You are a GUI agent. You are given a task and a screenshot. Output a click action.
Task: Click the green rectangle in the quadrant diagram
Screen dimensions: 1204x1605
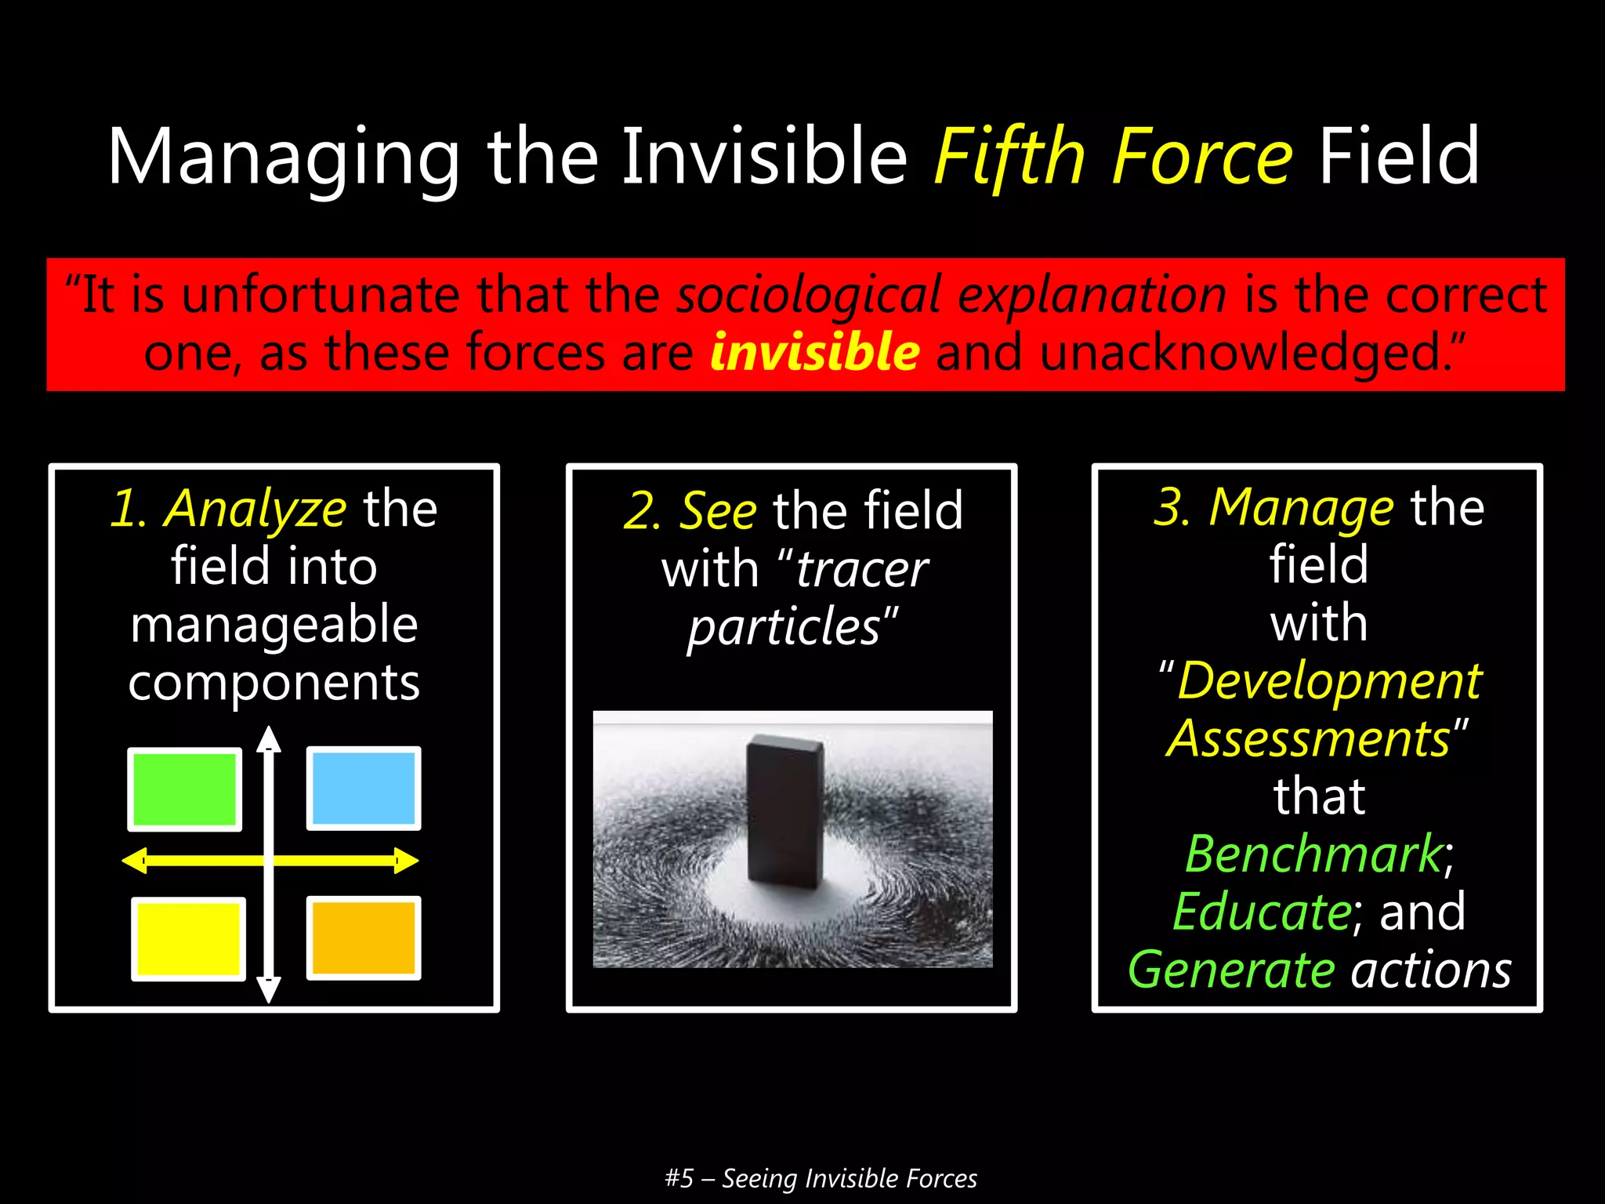184,789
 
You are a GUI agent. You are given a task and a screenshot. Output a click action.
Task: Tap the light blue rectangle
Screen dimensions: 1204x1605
364,788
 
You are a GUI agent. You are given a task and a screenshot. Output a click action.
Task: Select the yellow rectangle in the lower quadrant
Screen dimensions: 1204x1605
188,938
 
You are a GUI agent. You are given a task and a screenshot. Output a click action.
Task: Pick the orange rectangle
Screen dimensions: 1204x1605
364,937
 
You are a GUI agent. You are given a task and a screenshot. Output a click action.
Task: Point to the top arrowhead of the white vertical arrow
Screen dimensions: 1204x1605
269,738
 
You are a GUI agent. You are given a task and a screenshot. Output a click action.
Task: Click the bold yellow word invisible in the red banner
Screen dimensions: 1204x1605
814,352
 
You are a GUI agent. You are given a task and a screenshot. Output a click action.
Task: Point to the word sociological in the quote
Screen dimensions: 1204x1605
808,296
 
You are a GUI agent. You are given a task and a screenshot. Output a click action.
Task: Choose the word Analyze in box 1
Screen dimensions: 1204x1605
255,509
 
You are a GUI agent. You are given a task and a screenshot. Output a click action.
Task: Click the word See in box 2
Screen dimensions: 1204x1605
717,511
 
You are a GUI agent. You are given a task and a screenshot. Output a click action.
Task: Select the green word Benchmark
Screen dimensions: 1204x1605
1313,854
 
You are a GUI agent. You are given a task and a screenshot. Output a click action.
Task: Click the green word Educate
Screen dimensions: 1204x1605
1262,912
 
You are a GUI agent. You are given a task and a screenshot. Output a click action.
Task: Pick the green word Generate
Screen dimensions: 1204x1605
1230,970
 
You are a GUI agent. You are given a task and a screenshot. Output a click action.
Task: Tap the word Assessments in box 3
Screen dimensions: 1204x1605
1308,738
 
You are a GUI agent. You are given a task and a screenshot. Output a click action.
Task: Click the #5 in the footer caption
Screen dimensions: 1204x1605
679,1178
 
